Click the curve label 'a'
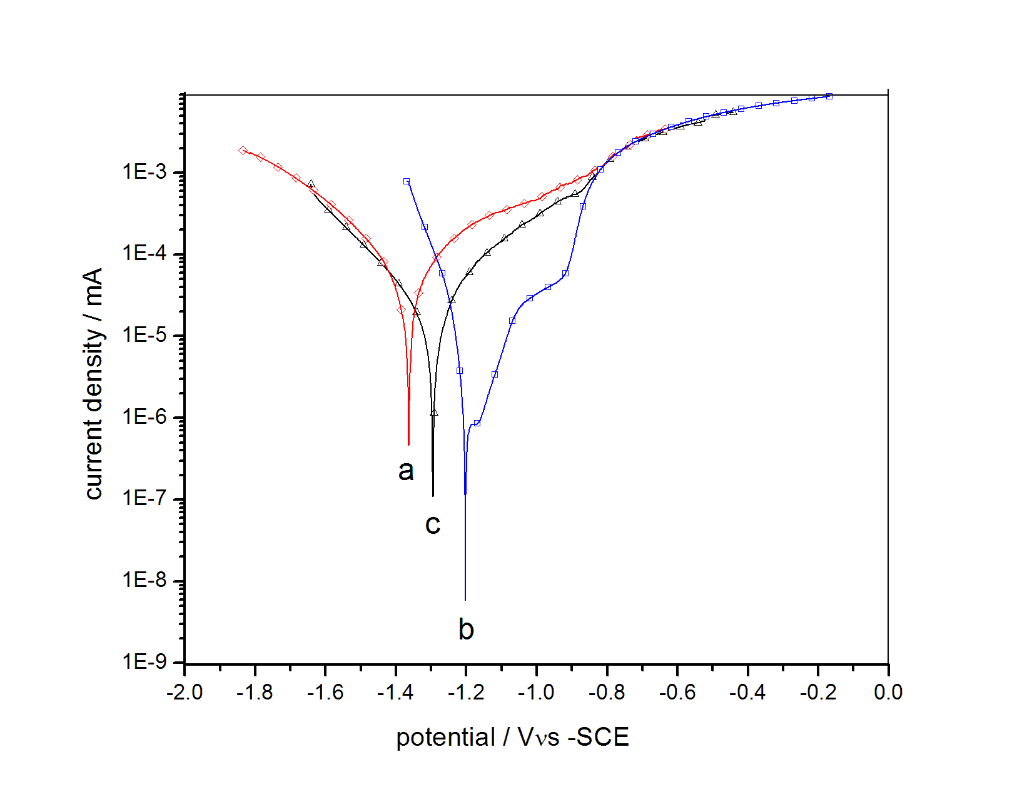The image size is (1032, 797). [406, 471]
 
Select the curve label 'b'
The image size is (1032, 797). [466, 629]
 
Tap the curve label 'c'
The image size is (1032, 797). [433, 524]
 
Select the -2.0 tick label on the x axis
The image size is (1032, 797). [185, 692]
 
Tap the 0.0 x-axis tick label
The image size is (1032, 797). [888, 692]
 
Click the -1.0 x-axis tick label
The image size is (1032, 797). [536, 692]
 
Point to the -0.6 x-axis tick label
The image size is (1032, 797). [677, 692]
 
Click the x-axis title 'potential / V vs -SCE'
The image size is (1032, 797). [512, 738]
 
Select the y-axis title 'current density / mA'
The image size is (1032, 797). [94, 384]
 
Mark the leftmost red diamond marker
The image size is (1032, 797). [243, 150]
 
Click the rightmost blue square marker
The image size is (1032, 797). [829, 96]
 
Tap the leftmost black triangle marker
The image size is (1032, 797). [311, 184]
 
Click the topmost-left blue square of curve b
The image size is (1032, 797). [407, 181]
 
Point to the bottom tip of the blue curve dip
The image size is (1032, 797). [465, 599]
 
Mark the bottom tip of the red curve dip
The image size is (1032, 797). [408, 444]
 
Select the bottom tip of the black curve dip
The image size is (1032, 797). [433, 496]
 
